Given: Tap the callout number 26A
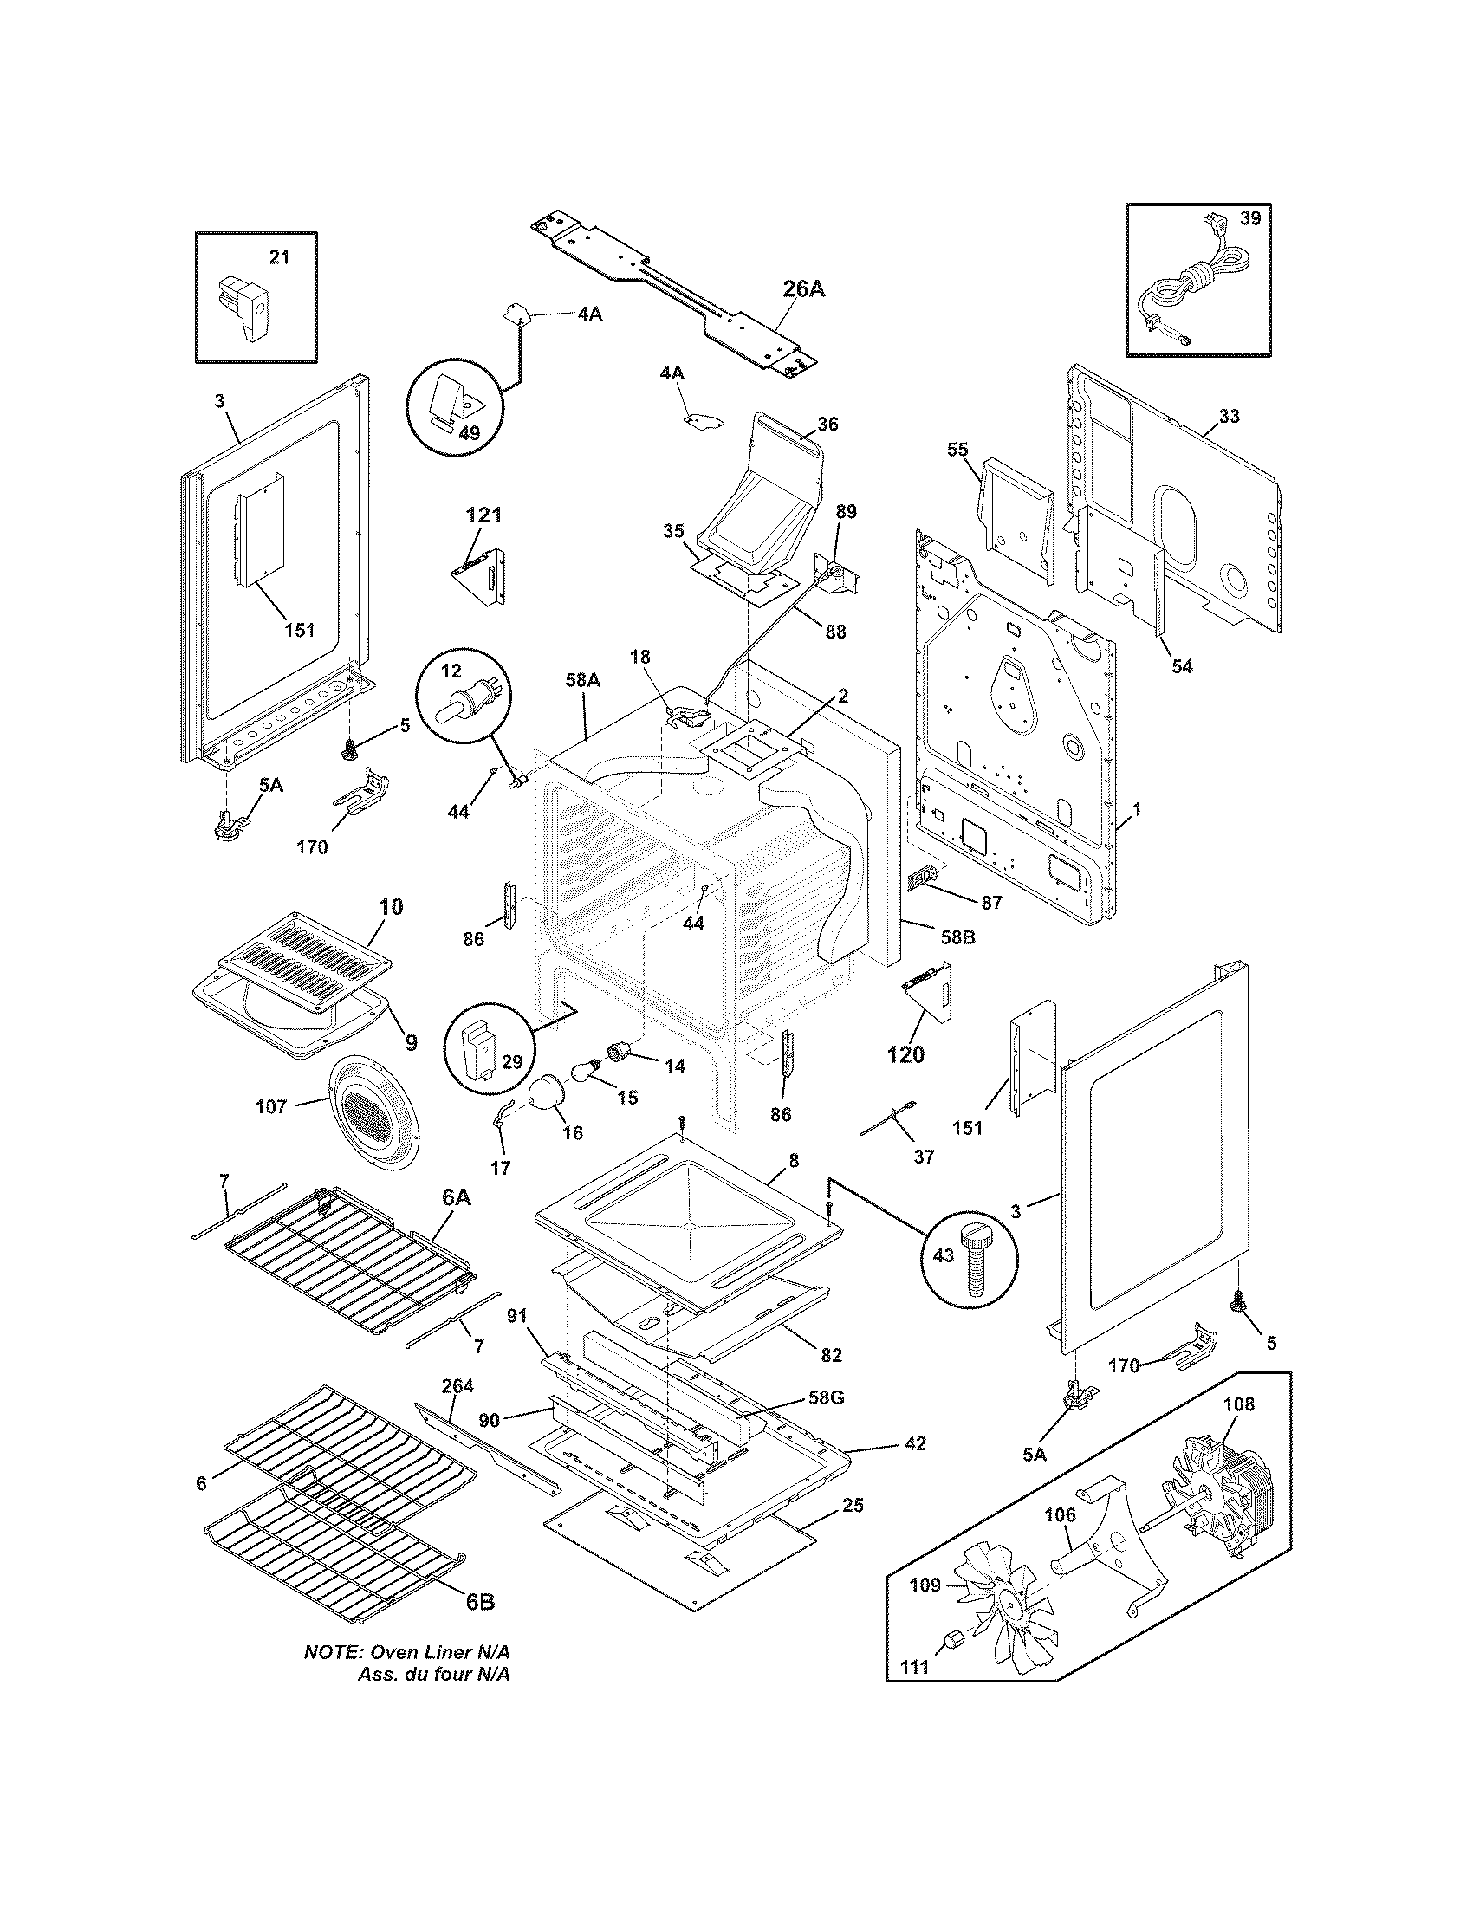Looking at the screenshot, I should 803,290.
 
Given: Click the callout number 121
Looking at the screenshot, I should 483,515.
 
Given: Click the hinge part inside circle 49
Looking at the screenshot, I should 454,401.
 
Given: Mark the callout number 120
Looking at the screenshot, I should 905,1054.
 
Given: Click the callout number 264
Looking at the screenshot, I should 457,1385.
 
